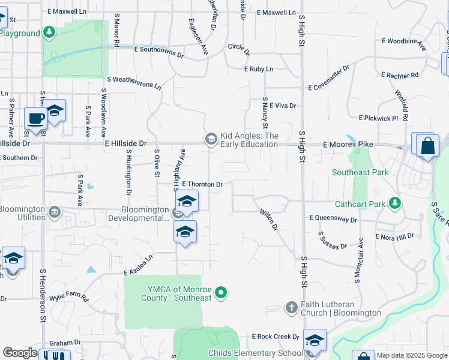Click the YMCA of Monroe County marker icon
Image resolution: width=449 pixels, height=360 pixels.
(x=221, y=292)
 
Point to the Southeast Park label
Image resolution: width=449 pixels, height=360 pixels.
(x=360, y=172)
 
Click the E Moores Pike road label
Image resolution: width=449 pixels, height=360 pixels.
(x=348, y=145)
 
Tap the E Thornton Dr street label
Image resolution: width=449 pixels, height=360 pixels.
(x=202, y=184)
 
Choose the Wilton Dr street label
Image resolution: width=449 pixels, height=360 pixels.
(x=269, y=219)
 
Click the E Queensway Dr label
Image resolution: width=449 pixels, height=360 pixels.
(x=333, y=220)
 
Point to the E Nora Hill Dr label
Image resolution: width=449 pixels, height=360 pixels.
(x=394, y=236)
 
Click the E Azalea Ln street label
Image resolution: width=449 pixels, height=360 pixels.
(x=139, y=264)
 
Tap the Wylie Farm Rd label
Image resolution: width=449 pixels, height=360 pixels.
(x=69, y=297)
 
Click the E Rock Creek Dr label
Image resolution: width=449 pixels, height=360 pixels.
(x=276, y=337)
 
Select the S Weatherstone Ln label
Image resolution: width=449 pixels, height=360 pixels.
(x=134, y=82)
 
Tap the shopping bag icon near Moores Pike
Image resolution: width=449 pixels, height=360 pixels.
(x=427, y=147)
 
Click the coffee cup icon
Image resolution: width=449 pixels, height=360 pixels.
(x=35, y=118)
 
